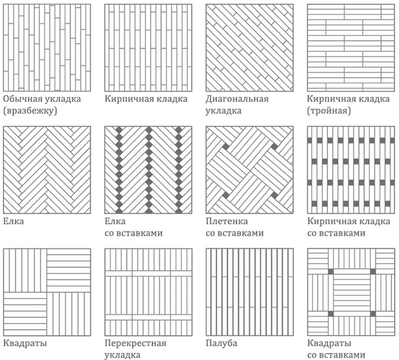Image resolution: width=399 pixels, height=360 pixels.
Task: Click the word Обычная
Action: tap(21, 99)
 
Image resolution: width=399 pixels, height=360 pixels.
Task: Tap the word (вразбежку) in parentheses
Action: tap(30, 111)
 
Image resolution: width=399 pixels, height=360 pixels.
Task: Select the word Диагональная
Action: tap(237, 99)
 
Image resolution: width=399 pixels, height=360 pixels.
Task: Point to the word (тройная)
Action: tap(329, 111)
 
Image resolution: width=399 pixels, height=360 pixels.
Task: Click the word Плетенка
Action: tap(227, 221)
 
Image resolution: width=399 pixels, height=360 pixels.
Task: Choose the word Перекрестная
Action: tap(135, 343)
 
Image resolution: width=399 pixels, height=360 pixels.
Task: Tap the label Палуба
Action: tap(221, 343)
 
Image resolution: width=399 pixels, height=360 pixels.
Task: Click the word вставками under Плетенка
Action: tap(241, 233)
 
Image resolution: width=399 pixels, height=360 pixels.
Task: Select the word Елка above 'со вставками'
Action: tap(115, 221)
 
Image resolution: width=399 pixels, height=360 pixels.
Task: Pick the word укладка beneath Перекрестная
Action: tap(123, 355)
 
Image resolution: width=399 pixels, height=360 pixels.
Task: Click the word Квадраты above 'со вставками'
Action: tap(329, 343)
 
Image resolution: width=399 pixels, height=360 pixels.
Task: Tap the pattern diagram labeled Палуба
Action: tap(250, 292)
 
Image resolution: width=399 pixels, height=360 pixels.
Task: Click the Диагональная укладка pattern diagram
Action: tap(250, 48)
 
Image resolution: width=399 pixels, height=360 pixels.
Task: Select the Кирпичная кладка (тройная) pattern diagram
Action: tap(351, 48)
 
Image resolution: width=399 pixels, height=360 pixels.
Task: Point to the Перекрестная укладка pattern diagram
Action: tap(148, 292)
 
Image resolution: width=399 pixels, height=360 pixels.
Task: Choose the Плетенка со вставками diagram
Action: tap(250, 170)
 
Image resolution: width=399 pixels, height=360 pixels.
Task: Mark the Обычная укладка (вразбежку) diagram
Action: tap(47, 48)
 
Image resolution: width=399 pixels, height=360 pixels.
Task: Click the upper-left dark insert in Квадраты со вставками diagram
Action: tap(331, 272)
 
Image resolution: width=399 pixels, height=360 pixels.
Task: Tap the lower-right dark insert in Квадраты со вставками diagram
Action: tap(373, 314)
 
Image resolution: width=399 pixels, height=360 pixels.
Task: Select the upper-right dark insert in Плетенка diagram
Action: tap(274, 147)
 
